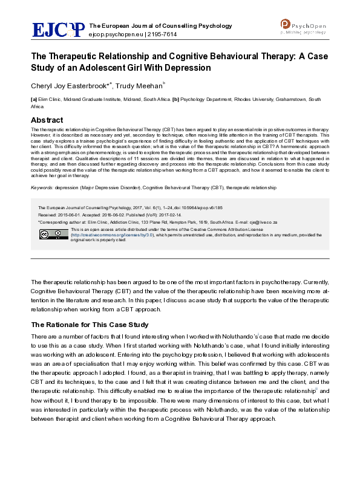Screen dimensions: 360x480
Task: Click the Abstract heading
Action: click(47, 120)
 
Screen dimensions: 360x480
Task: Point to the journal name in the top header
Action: click(160, 26)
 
